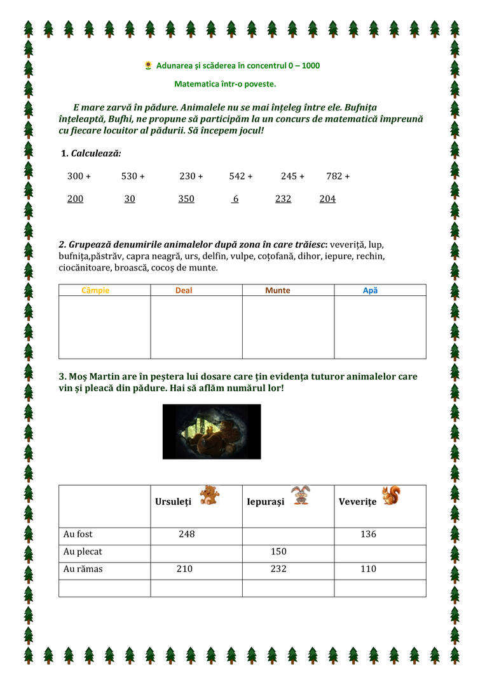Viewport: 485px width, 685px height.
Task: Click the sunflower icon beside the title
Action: click(148, 65)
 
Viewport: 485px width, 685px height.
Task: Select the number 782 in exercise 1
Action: click(334, 176)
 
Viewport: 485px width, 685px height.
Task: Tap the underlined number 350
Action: click(186, 199)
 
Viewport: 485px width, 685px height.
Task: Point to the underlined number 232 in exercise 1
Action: click(283, 199)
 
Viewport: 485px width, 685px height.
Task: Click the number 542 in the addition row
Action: click(237, 176)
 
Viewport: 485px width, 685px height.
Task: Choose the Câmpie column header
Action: click(95, 290)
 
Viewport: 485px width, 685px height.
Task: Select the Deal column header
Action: click(184, 290)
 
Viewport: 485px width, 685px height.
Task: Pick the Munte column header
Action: click(278, 290)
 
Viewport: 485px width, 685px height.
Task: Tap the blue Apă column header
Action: click(370, 290)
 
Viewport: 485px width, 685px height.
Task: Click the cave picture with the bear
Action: click(212, 432)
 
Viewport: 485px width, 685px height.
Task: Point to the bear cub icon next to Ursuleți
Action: click(209, 495)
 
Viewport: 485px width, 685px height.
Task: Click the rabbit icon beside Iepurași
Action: click(300, 495)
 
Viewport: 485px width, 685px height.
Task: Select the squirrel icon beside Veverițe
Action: click(391, 495)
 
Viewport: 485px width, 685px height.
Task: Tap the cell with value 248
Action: click(187, 535)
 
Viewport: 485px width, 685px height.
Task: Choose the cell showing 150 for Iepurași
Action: click(278, 552)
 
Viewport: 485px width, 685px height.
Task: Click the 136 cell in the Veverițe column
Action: click(368, 535)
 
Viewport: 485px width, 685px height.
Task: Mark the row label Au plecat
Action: click(83, 552)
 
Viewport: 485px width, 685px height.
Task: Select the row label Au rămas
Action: click(83, 569)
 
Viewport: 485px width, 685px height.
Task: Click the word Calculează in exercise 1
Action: click(96, 153)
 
